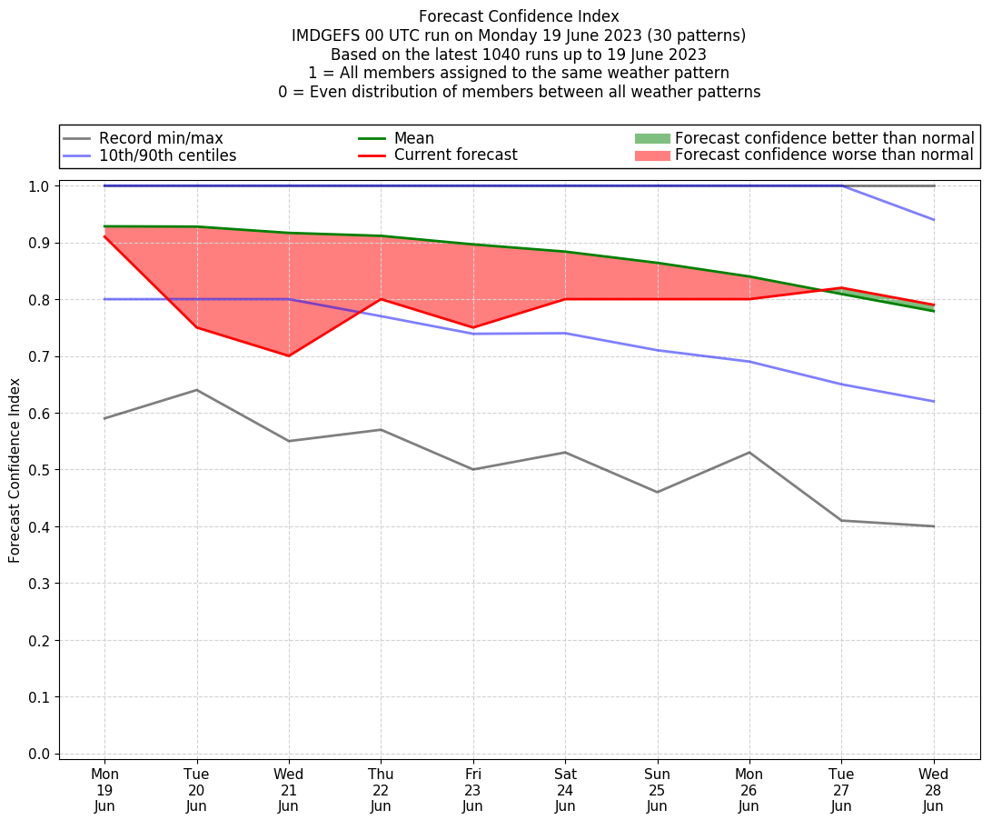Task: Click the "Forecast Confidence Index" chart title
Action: pyautogui.click(x=519, y=16)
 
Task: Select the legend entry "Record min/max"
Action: pyautogui.click(x=161, y=138)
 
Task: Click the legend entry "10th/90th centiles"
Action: pyautogui.click(x=167, y=155)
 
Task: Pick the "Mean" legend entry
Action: pyautogui.click(x=413, y=138)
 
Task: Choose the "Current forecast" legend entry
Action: pyautogui.click(x=455, y=155)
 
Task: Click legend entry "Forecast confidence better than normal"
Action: pyautogui.click(x=824, y=138)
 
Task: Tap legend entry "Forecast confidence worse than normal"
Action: pyautogui.click(x=824, y=155)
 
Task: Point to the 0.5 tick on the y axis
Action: pyautogui.click(x=40, y=470)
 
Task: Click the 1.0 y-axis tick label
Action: pyautogui.click(x=40, y=185)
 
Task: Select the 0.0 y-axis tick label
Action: pyautogui.click(x=40, y=754)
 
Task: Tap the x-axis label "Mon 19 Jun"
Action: pyautogui.click(x=104, y=790)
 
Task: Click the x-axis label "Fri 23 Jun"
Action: pyautogui.click(x=472, y=790)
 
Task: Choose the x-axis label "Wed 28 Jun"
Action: pyautogui.click(x=933, y=790)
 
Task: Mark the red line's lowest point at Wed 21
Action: pyautogui.click(x=289, y=355)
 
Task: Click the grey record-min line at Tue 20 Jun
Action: pyautogui.click(x=196, y=390)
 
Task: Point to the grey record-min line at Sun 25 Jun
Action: pyautogui.click(x=657, y=492)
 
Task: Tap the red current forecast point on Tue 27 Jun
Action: pyautogui.click(x=841, y=287)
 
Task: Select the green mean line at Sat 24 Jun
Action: pyautogui.click(x=565, y=252)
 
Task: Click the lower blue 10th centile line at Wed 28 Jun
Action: pyautogui.click(x=933, y=401)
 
